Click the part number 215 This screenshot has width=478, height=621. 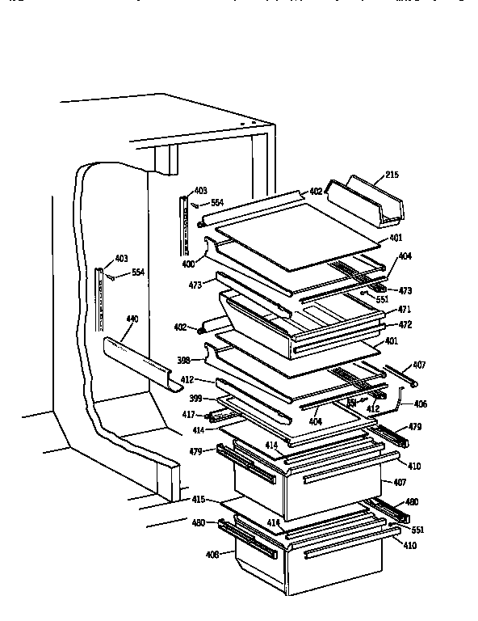[392, 175]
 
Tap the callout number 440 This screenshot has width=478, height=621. [132, 319]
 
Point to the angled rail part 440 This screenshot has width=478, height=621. [137, 361]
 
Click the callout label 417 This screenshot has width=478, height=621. [188, 416]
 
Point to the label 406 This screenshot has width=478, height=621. [420, 403]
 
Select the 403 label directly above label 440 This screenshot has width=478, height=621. [121, 259]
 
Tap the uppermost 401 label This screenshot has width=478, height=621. [396, 238]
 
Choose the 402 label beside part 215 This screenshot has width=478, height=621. [316, 192]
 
